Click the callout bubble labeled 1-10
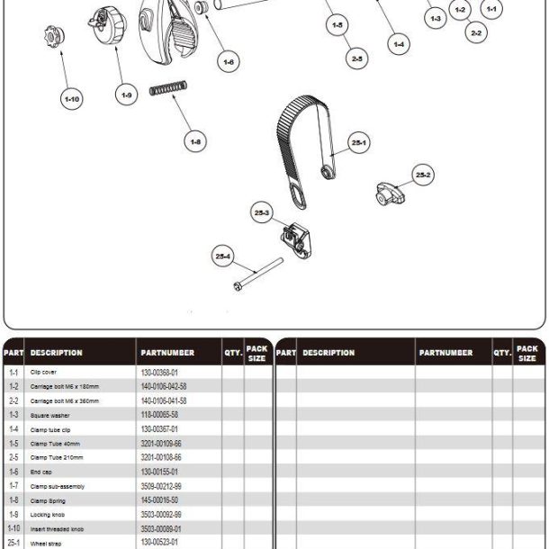coord(71,99)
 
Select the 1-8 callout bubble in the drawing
coord(195,140)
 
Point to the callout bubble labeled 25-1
coord(359,143)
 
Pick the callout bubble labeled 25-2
coord(423,175)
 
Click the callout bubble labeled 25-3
coord(262,213)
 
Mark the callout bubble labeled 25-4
coord(222,256)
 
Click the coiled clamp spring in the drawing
coord(167,92)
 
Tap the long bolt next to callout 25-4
coord(257,274)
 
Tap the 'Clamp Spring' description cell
coord(49,499)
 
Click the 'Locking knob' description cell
coord(47,514)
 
